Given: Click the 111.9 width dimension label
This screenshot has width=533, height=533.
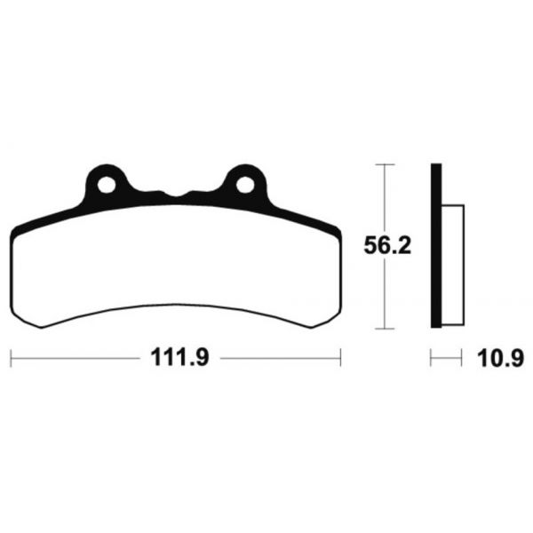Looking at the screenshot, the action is point(179,357).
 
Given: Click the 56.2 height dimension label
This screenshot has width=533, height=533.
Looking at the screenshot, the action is point(387,246).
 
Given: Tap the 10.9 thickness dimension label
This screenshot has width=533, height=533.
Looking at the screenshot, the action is point(500,358).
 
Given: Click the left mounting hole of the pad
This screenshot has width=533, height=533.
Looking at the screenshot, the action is point(107,186).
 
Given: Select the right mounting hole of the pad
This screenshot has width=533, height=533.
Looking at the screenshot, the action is point(245,186).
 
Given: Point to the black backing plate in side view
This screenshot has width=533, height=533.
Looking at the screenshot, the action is point(436,246).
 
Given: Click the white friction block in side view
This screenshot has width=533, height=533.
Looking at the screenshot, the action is point(453,265).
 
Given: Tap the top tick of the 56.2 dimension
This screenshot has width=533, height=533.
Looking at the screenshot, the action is point(385,164).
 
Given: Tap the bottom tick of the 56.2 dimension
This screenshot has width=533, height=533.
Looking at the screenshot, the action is point(385,329).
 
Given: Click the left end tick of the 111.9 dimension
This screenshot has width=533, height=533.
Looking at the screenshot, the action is point(11,358).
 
